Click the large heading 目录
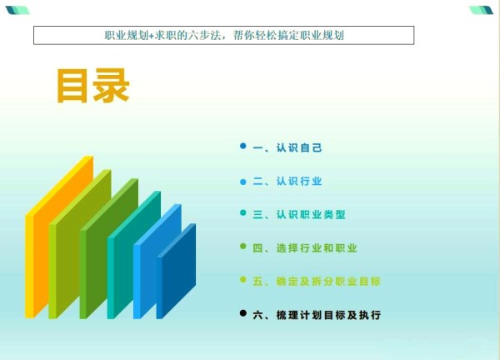[93, 86]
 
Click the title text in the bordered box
[224, 35]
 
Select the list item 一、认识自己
[287, 147]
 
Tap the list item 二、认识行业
[287, 181]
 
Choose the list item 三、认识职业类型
[299, 214]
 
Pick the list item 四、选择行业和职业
[305, 247]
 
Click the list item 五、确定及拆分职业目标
[317, 281]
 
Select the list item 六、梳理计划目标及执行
[317, 315]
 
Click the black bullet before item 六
[243, 313]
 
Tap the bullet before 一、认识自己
[243, 146]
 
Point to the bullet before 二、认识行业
[243, 182]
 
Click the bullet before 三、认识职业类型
[243, 212]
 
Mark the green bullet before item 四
[243, 246]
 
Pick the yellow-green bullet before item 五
[243, 280]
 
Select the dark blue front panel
[177, 271]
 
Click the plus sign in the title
[151, 36]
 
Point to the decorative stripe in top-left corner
[17, 10]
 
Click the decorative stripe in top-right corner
[482, 10]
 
